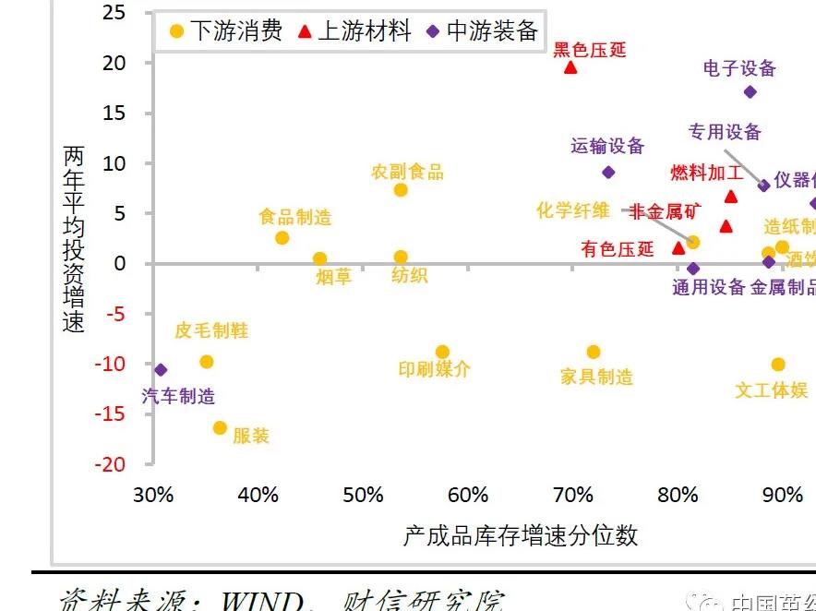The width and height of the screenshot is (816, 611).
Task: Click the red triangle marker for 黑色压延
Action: (570, 67)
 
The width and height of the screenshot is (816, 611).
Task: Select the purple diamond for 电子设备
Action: (750, 91)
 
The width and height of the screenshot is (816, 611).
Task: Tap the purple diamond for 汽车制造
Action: (161, 369)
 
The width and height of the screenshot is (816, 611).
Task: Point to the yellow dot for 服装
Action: (220, 427)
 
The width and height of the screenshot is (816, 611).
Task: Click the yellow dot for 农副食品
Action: (401, 190)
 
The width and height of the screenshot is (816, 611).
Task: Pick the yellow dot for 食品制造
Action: (282, 238)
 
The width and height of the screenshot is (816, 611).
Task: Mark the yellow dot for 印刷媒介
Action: (442, 352)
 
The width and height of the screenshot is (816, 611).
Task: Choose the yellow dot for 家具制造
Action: (594, 352)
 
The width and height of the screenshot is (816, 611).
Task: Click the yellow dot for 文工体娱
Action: (778, 365)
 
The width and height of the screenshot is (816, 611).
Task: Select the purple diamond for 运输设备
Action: (608, 172)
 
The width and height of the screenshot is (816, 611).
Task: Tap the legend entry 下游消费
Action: (225, 31)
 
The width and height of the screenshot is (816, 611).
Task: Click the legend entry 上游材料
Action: (354, 31)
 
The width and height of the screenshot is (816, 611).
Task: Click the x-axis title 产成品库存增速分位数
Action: (521, 536)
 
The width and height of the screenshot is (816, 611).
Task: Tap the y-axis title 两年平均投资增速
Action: (74, 238)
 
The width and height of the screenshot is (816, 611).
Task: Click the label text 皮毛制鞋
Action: (211, 330)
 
